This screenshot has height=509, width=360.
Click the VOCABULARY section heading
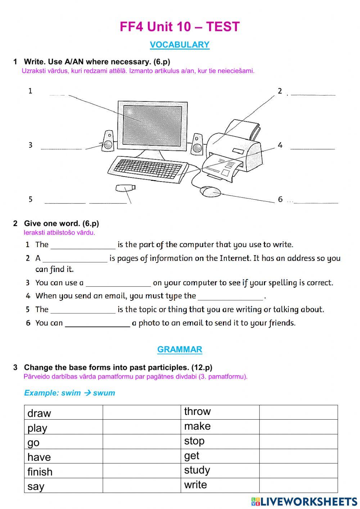coord(179,45)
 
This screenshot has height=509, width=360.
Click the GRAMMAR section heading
coord(180,349)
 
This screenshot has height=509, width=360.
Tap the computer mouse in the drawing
coord(211,191)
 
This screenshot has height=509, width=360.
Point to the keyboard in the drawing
coord(148,168)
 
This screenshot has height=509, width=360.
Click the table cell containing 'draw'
coord(63,412)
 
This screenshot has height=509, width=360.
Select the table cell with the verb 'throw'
coord(220,412)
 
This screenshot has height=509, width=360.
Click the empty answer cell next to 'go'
coord(141,442)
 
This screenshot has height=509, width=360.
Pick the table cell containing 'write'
coord(220,485)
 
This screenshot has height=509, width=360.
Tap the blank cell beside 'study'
coord(298,470)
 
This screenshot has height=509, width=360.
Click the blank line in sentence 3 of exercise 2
coord(118,283)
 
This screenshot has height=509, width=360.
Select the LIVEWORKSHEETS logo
coord(304,501)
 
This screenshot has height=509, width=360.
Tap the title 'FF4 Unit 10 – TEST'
coord(180,27)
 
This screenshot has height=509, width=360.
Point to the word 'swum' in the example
coord(104,393)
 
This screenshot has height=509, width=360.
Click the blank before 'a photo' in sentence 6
coord(97,323)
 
